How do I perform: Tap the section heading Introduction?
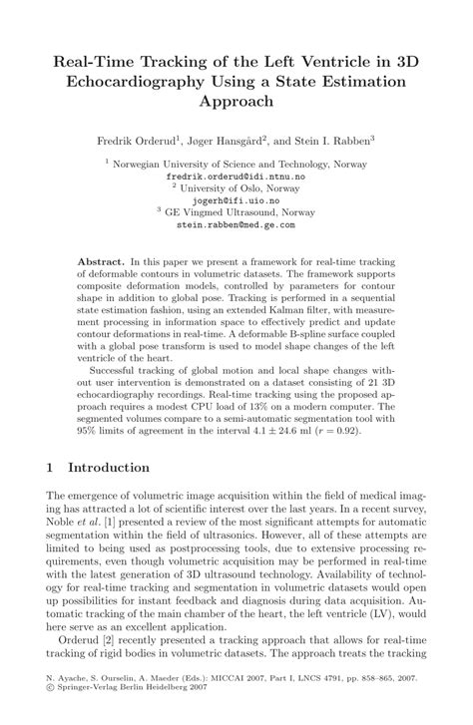108,468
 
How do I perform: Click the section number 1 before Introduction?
50,468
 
